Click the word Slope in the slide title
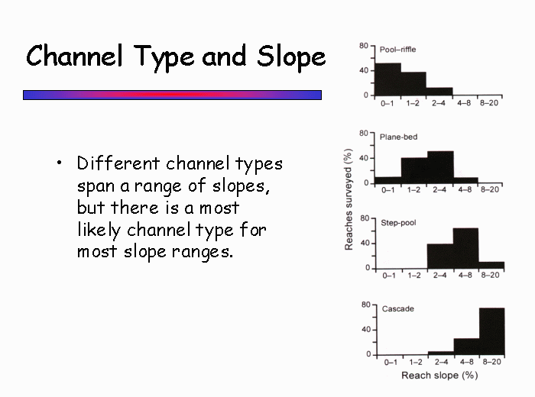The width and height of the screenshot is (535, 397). click(291, 56)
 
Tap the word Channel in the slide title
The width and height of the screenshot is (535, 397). click(74, 55)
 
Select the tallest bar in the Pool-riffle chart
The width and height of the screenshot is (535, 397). click(388, 79)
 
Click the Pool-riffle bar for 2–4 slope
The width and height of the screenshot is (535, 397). click(439, 92)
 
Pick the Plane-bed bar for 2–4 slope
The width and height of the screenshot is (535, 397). click(440, 167)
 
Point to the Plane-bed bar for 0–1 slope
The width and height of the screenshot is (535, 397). click(388, 180)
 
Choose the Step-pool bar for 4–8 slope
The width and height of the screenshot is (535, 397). click(465, 248)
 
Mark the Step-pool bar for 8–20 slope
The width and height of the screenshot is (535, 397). click(491, 266)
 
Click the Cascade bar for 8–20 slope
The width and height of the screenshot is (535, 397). click(492, 331)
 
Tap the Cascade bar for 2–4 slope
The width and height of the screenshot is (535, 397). click(441, 353)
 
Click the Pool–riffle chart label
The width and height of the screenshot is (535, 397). click(398, 50)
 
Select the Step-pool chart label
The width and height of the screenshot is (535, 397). click(398, 223)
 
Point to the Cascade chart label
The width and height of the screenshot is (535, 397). click(398, 308)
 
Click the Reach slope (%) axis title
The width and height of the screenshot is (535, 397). click(439, 375)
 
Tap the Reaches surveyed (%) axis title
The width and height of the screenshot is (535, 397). click(349, 199)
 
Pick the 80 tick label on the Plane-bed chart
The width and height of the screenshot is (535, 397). click(364, 134)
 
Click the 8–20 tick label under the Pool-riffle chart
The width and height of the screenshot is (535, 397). click(489, 103)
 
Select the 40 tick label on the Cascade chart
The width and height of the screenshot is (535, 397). click(366, 330)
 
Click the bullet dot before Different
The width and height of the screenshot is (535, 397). click(60, 163)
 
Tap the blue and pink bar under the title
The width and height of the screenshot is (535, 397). click(172, 95)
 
